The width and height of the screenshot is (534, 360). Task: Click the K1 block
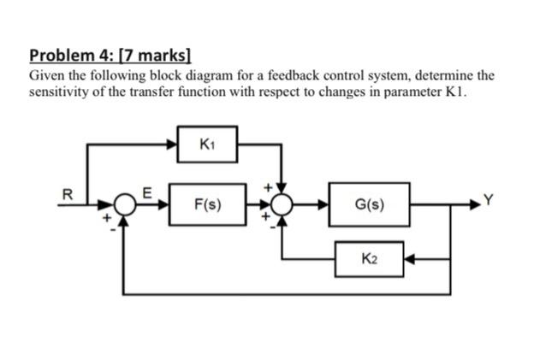coord(206,145)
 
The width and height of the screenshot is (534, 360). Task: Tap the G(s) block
coord(369,205)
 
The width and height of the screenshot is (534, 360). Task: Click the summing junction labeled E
coord(126,205)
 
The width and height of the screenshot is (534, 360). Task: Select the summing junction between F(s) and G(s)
coord(282,205)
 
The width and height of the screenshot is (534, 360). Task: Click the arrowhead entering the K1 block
coord(171,145)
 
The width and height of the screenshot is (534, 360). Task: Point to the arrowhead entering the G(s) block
coord(323,205)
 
